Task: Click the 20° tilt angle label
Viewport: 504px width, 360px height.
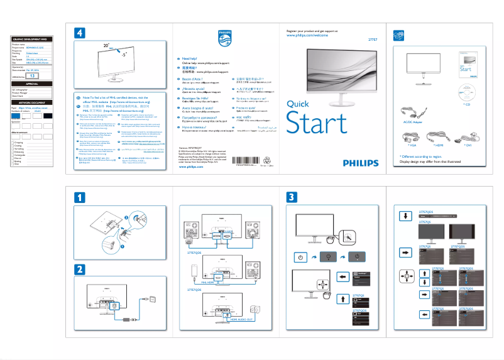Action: pos(106,46)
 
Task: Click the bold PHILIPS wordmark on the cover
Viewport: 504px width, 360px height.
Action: pos(361,162)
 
